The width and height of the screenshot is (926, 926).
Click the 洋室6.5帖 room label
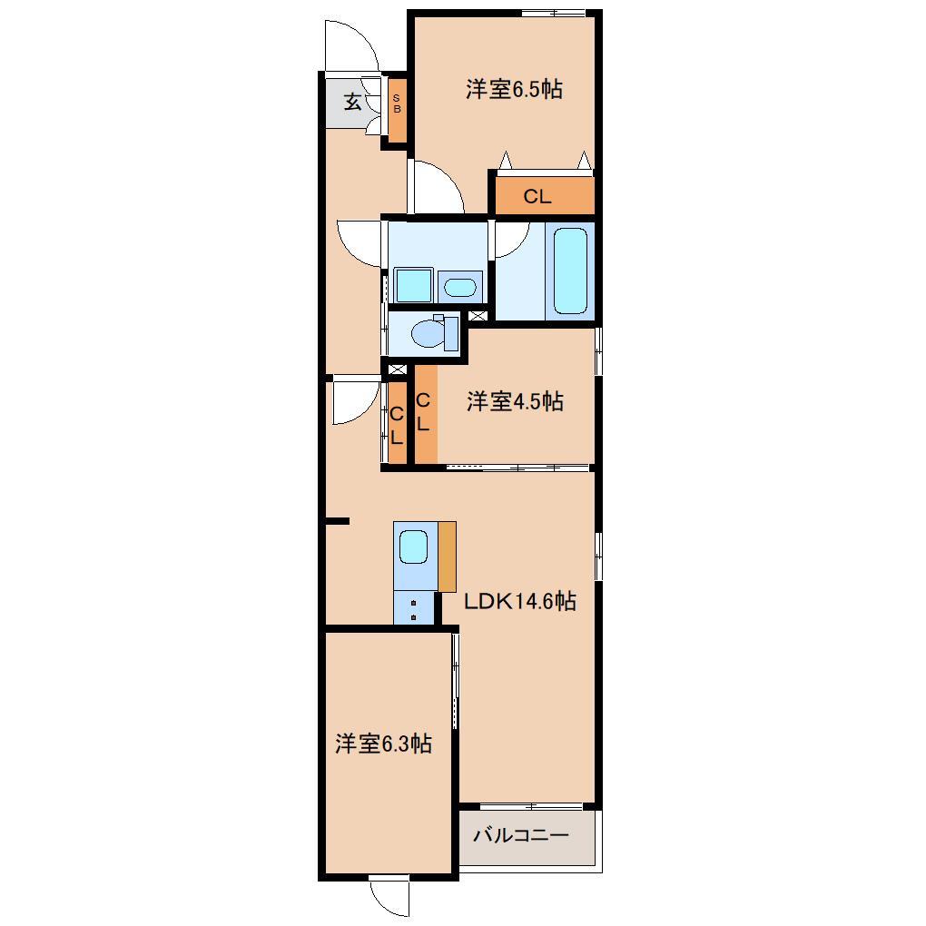coord(514,89)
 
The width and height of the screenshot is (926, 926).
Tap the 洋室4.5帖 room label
coord(515,401)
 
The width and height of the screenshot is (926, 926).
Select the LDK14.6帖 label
coord(519,601)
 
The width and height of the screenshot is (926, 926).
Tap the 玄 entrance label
coord(351,102)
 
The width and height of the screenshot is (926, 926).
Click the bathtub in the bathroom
coord(570,271)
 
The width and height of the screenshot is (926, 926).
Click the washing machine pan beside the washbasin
coord(413,285)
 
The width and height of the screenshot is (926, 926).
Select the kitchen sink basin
coord(414,547)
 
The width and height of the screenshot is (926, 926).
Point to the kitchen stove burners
coord(414,609)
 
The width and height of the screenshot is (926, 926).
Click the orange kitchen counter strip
coord(447,556)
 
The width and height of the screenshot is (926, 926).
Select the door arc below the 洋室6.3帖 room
coord(390,899)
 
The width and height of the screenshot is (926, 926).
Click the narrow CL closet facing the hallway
coord(397,424)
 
